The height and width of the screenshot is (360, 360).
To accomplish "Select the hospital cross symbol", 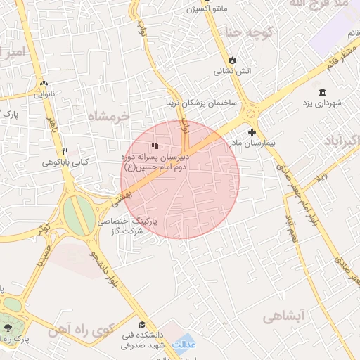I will [x=252, y=132].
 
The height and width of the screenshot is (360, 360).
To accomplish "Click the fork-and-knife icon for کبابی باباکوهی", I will [x=65, y=151].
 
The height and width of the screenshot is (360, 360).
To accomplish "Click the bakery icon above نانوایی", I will [x=44, y=82].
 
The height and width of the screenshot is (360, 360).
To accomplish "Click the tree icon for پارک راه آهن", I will [x=8, y=328].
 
